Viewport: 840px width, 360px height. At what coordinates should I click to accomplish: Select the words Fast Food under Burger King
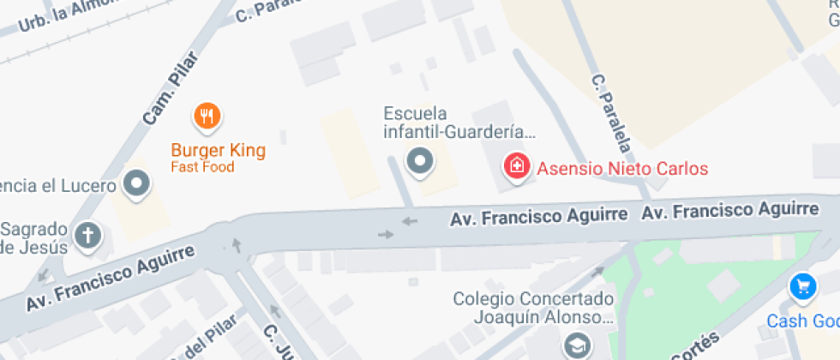202,167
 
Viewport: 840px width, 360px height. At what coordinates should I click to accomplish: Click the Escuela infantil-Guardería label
459,123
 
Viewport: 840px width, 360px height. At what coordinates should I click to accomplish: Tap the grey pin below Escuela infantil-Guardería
420,160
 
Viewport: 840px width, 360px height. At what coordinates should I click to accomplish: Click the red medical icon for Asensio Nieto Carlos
517,165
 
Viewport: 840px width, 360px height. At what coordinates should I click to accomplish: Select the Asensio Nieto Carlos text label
622,167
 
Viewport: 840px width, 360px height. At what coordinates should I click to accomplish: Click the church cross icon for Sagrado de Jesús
88,234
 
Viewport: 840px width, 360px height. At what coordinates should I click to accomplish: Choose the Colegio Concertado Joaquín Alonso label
534,309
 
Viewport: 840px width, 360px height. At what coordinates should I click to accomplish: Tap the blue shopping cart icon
802,287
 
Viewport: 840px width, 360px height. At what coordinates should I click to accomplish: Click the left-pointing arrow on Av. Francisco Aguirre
410,221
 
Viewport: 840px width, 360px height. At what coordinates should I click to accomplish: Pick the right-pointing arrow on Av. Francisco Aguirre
385,234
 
